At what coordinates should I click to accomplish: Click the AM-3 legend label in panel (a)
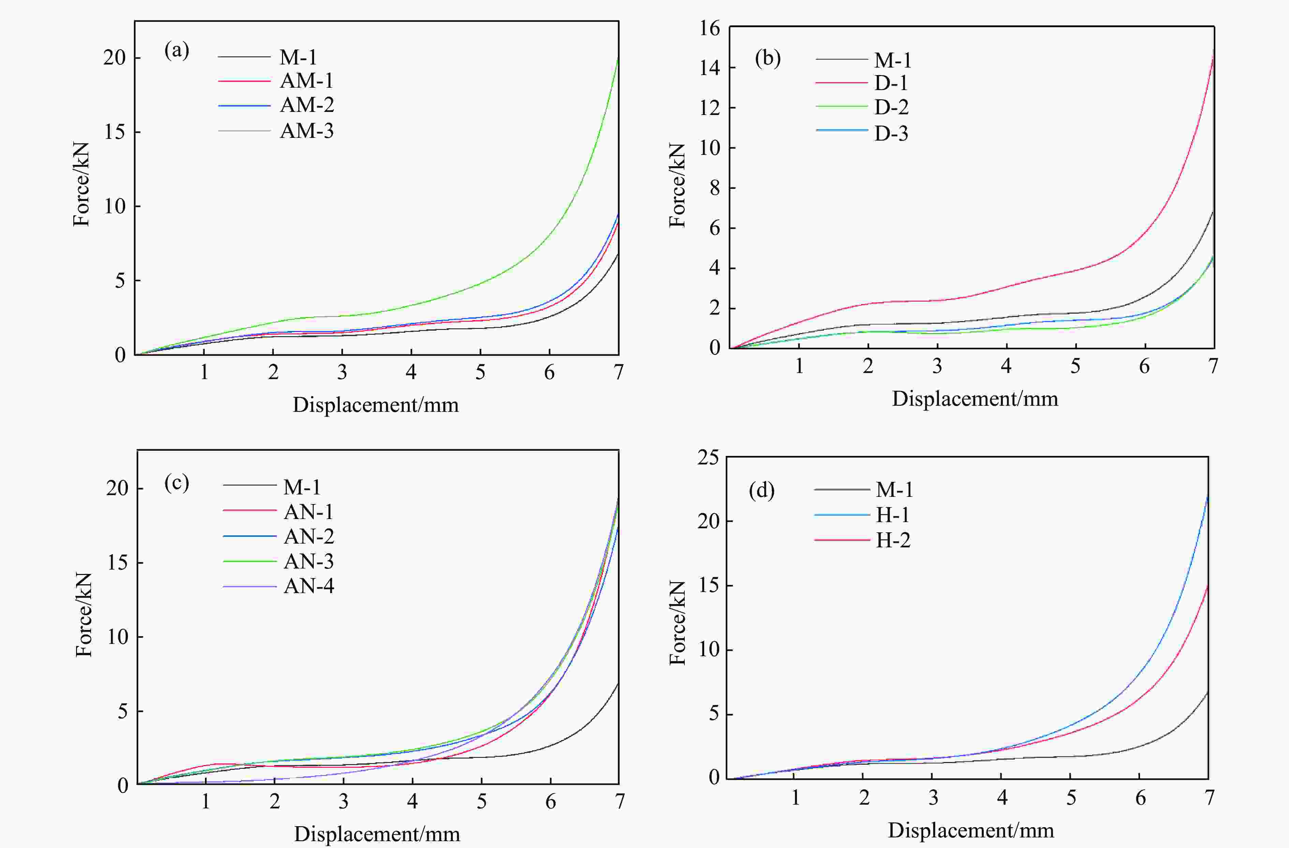pos(307,131)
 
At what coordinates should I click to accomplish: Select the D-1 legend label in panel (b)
pos(891,83)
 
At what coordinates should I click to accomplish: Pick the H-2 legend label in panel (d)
pos(893,540)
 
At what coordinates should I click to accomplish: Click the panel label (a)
pos(177,51)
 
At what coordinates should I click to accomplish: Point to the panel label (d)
pos(761,490)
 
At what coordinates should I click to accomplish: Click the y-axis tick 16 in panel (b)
pos(710,28)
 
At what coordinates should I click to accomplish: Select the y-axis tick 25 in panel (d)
pos(708,458)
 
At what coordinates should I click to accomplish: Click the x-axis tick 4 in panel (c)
pos(413,801)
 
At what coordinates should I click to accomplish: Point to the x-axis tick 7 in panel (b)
pos(1213,366)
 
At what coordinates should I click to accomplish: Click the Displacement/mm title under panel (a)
pos(375,405)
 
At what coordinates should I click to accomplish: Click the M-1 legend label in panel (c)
pos(302,487)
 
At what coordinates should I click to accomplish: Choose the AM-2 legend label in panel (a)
pos(307,104)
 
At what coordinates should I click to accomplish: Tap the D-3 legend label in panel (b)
pos(891,133)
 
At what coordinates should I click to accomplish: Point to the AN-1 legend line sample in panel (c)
pos(250,511)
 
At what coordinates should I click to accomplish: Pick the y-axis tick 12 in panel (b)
pos(710,108)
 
